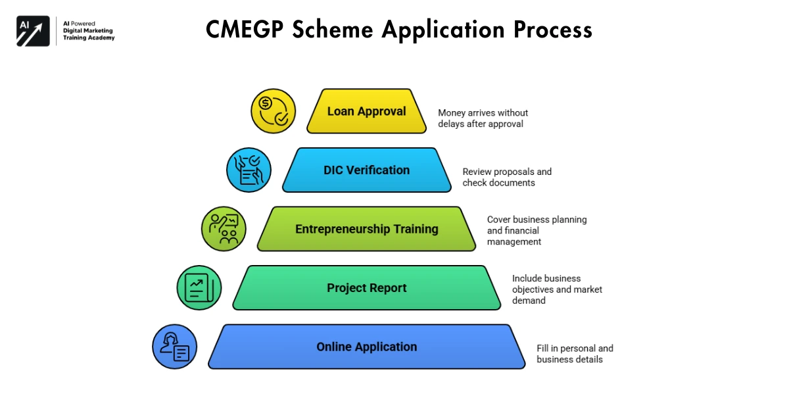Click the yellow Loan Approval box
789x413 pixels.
coord(366,111)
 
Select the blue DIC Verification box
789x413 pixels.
coord(366,170)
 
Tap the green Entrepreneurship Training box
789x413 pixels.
coord(366,229)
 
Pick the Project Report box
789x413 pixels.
coord(366,288)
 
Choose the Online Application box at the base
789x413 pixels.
coord(366,347)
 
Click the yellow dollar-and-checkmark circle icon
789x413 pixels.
coord(274,111)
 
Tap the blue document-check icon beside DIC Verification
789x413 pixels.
coord(249,170)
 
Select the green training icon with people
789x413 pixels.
coord(224,229)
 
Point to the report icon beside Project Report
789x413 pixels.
coord(199,288)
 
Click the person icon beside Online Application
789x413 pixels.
coord(174,347)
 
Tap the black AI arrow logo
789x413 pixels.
coord(33,31)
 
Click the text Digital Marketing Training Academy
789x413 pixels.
coord(88,34)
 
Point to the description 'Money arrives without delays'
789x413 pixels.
coord(483,118)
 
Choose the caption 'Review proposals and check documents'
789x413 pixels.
coord(507,177)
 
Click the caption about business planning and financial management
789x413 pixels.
coord(537,230)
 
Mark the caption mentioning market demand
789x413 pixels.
coord(557,289)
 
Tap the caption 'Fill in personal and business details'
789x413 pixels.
coord(575,354)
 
